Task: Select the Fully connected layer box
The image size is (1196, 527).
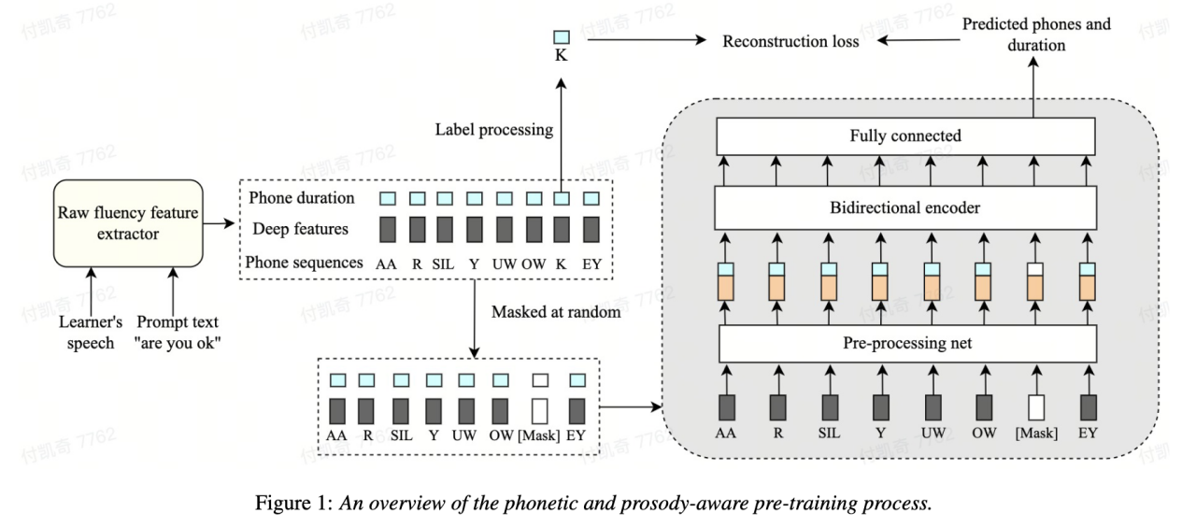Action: (904, 136)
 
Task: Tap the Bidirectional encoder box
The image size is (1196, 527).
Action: (904, 207)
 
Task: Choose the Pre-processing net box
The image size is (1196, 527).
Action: (904, 343)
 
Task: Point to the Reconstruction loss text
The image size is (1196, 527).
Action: (790, 41)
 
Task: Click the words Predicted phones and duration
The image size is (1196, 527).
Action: (1037, 34)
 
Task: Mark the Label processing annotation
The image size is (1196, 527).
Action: (494, 129)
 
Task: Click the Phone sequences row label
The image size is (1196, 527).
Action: (304, 263)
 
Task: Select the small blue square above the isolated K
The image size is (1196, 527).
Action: (561, 37)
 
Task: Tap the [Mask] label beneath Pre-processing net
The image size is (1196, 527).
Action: (1034, 433)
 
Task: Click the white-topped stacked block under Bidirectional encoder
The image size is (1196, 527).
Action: (1034, 280)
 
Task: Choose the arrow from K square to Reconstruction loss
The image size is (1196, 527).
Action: (645, 40)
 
